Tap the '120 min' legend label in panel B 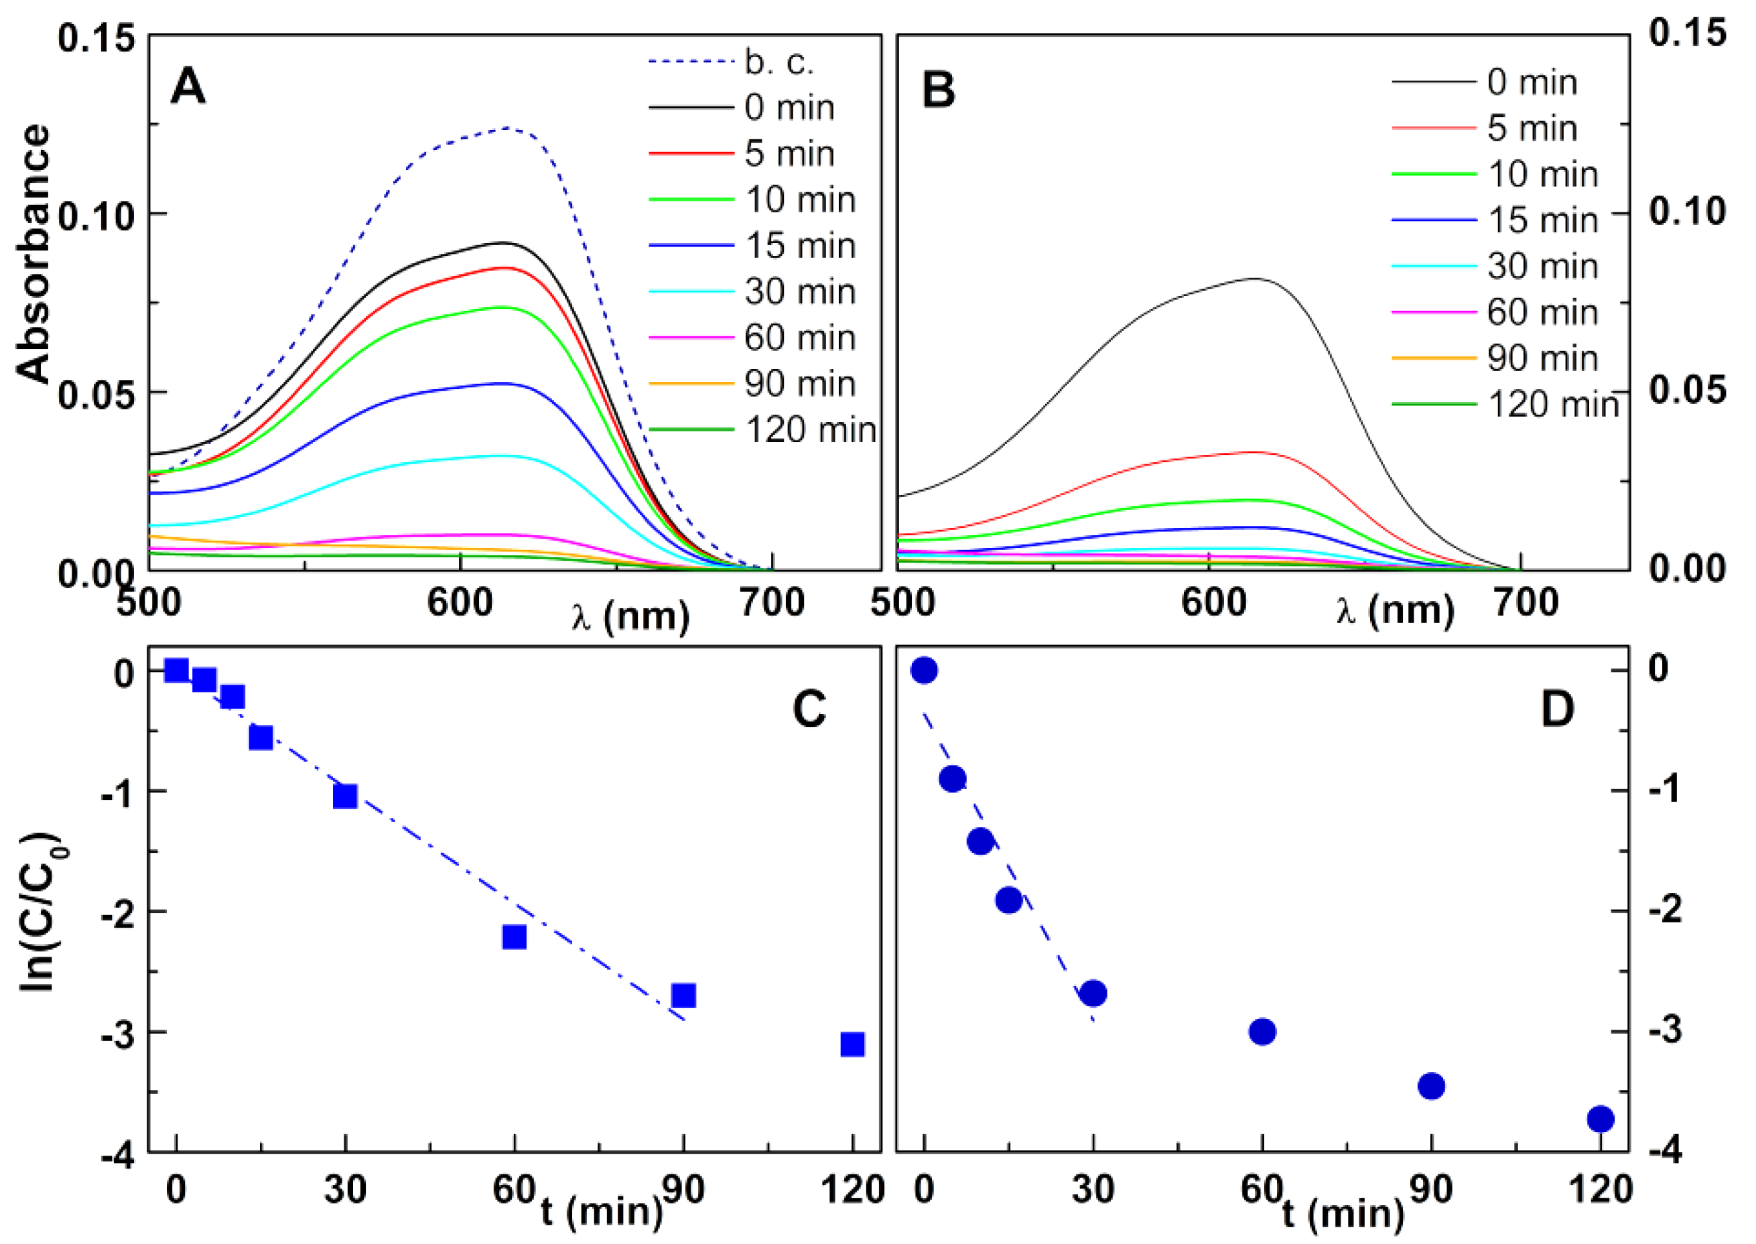[x=1553, y=405]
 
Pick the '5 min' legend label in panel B [x=1532, y=128]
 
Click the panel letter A [x=188, y=86]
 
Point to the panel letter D [x=1557, y=709]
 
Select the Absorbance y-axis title [x=33, y=253]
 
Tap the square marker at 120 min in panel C [x=852, y=1044]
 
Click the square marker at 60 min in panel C [x=514, y=937]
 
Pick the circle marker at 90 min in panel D [x=1431, y=1085]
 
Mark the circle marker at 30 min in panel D [x=1093, y=993]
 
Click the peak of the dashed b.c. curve [x=506, y=128]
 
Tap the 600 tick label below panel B [x=1213, y=603]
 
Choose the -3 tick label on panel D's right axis [x=1665, y=1031]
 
